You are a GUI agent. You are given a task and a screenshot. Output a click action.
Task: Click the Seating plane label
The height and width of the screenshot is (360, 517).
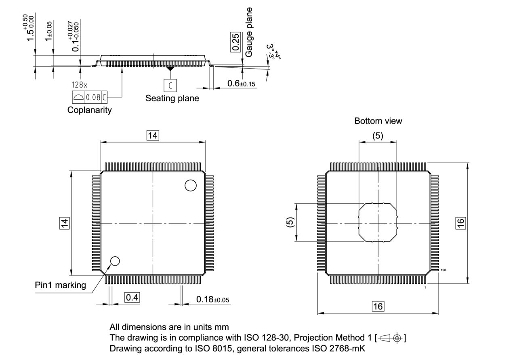pyautogui.click(x=172, y=98)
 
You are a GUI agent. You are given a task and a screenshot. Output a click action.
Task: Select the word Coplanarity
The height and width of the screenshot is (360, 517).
pyautogui.click(x=89, y=110)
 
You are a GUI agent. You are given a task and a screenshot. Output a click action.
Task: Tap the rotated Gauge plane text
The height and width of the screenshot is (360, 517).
pyautogui.click(x=249, y=32)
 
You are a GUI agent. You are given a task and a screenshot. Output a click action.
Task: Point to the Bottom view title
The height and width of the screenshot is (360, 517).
pyautogui.click(x=378, y=121)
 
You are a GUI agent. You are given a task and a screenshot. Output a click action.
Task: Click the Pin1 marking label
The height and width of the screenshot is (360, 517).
pyautogui.click(x=60, y=285)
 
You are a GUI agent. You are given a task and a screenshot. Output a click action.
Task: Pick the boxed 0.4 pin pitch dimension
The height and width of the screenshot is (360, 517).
pyautogui.click(x=132, y=298)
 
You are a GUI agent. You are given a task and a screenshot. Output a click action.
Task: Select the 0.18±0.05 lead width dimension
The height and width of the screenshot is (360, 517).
pyautogui.click(x=213, y=299)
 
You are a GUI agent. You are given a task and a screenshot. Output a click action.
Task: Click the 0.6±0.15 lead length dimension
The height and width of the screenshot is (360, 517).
pyautogui.click(x=242, y=84)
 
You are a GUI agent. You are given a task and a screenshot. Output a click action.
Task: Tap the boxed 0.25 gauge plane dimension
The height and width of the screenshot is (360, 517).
pyautogui.click(x=236, y=42)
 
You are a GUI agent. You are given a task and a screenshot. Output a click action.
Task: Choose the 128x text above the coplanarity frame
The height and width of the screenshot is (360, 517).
pyautogui.click(x=79, y=85)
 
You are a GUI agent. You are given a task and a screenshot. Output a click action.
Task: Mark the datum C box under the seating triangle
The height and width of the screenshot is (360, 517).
pyautogui.click(x=170, y=85)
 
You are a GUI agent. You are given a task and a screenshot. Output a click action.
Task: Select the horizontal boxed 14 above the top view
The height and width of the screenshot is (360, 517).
pyautogui.click(x=152, y=136)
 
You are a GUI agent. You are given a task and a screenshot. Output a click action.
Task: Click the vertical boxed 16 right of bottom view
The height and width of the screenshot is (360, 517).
pyautogui.click(x=461, y=222)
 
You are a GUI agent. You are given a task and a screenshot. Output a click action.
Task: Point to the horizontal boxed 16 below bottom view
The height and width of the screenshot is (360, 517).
pyautogui.click(x=378, y=306)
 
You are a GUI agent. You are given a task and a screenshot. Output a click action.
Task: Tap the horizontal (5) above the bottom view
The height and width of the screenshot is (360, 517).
pyautogui.click(x=378, y=136)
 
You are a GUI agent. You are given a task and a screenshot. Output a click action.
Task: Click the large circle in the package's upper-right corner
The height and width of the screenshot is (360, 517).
pyautogui.click(x=190, y=185)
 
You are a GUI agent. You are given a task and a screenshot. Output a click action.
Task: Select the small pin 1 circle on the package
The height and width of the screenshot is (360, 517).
pyautogui.click(x=115, y=261)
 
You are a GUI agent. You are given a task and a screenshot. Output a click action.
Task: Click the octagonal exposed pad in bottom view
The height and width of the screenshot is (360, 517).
pyautogui.click(x=378, y=222)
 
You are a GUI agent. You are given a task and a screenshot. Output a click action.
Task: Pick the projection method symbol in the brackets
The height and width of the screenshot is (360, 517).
pyautogui.click(x=391, y=337)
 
